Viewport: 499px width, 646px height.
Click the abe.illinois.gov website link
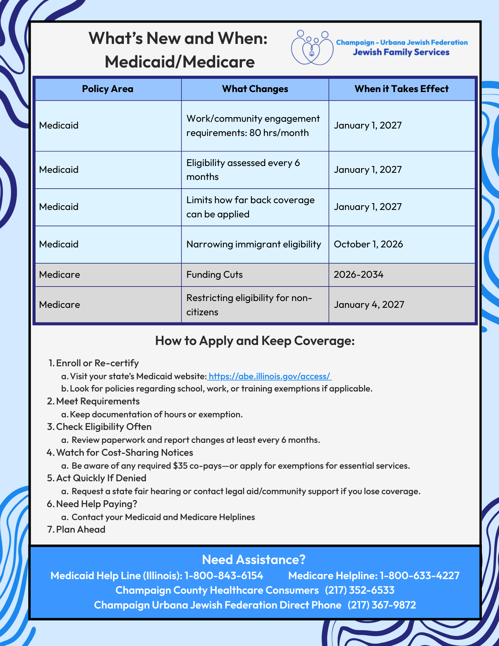[270, 376]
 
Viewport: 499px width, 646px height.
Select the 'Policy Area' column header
[108, 89]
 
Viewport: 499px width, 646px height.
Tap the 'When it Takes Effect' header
[401, 89]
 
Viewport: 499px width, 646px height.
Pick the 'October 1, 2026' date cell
[369, 244]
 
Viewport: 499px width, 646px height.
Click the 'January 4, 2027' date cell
[369, 305]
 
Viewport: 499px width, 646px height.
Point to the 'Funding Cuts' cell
[214, 275]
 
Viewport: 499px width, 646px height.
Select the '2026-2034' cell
[359, 275]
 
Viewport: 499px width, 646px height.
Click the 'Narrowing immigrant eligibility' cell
[254, 244]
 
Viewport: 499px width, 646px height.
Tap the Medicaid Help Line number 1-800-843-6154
[224, 575]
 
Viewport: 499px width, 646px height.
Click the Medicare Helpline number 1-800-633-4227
[419, 575]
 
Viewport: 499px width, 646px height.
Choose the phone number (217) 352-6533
[359, 590]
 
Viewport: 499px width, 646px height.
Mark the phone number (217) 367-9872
[382, 605]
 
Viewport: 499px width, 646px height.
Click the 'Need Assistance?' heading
[254, 559]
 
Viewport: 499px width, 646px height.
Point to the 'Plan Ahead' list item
[80, 529]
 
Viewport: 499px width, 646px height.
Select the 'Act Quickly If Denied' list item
[101, 478]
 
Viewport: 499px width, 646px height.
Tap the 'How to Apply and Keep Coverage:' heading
[255, 341]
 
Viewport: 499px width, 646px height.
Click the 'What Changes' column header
[255, 89]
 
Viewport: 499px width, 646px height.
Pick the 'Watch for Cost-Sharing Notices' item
[124, 453]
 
